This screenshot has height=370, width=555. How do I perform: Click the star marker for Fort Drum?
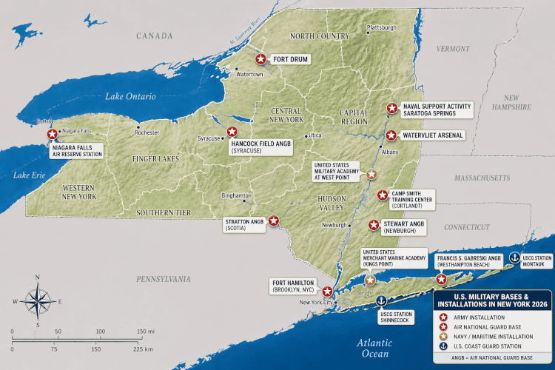click(x=260, y=59)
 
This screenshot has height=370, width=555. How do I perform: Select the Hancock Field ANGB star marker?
click(x=232, y=132)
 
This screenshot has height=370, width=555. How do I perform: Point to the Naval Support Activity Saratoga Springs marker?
click(x=392, y=108)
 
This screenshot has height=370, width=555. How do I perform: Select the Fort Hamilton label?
click(x=294, y=287)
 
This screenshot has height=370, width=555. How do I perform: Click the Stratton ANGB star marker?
click(x=274, y=220)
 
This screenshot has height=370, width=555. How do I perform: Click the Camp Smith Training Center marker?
click(x=383, y=195)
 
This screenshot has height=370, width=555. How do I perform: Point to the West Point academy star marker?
click(x=372, y=175)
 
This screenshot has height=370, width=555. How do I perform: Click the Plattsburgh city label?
click(x=382, y=27)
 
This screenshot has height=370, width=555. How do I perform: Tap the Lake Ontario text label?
click(x=130, y=96)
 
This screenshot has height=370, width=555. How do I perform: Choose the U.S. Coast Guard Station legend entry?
click(x=490, y=346)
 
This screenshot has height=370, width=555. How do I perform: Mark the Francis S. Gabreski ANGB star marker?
click(x=442, y=279)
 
